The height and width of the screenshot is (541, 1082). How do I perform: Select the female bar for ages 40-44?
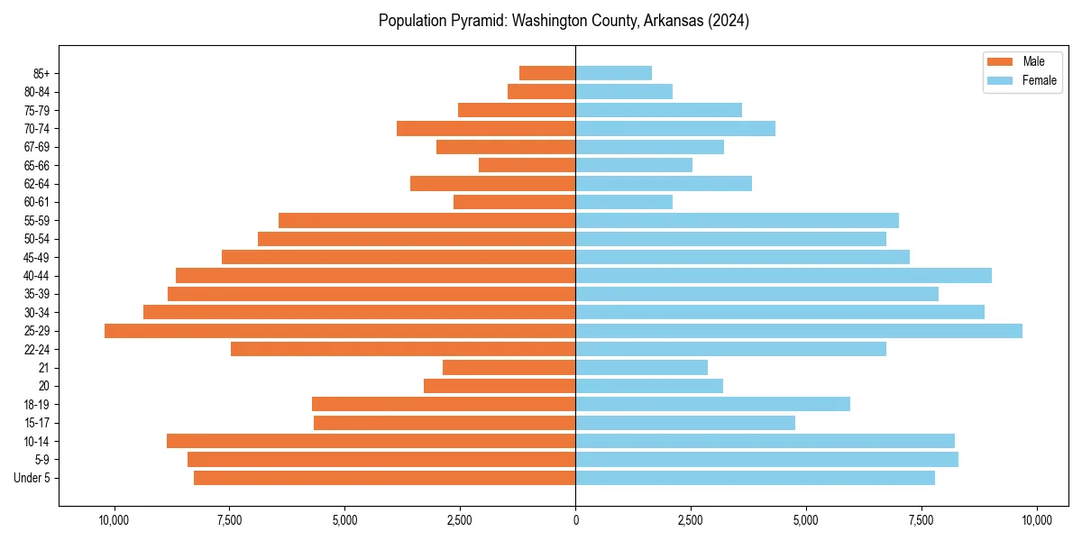coord(784,276)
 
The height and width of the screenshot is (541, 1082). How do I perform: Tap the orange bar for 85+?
coord(547,73)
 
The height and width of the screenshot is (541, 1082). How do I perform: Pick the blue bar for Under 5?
coord(755,478)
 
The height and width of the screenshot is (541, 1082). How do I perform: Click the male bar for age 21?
coord(509,368)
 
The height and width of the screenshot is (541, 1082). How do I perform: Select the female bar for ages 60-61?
coord(624,202)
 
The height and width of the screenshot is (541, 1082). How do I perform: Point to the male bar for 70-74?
coord(486,129)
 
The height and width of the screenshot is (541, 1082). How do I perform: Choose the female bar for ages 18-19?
coord(712,404)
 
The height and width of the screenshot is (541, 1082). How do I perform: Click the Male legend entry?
coord(1033,61)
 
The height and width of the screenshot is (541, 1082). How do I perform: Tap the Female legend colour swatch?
coord(1000,80)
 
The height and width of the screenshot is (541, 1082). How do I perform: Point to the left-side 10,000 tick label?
coord(114,520)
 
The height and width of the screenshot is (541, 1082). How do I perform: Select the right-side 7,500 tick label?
coord(921,520)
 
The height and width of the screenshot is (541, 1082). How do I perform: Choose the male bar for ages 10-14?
coord(371,441)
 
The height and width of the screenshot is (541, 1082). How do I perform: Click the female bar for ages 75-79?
coord(658,110)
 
